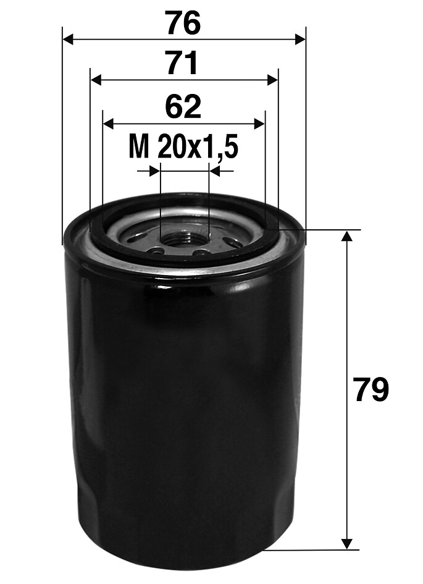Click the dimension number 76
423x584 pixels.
[183, 23]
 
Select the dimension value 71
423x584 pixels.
[183, 64]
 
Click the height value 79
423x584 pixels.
[371, 391]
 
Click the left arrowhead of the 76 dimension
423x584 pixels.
[69, 40]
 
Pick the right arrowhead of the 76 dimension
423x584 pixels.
[300, 40]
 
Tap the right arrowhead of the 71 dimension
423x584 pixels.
[272, 80]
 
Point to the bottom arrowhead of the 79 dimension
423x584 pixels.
[348, 543]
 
